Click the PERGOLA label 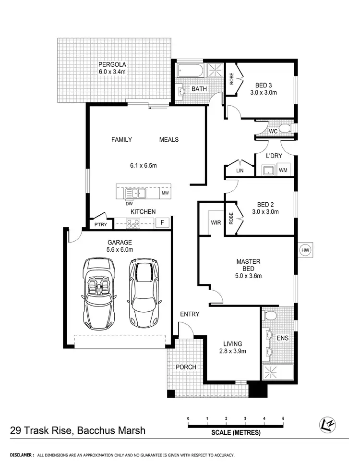pyautogui.click(x=112, y=64)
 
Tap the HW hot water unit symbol pyautogui.click(x=304, y=250)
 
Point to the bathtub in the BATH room pyautogui.click(x=190, y=71)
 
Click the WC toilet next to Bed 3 pyautogui.click(x=285, y=128)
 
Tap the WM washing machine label pyautogui.click(x=283, y=170)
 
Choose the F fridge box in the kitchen pyautogui.click(x=162, y=222)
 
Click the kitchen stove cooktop pyautogui.click(x=132, y=222)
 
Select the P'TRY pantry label pyautogui.click(x=101, y=224)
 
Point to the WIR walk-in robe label pyautogui.click(x=215, y=222)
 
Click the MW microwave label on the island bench pyautogui.click(x=165, y=193)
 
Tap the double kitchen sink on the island pyautogui.click(x=136, y=193)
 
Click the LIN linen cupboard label pyautogui.click(x=239, y=171)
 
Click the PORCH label pyautogui.click(x=186, y=367)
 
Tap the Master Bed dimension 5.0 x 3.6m pyautogui.click(x=248, y=276)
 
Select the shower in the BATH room pyautogui.click(x=215, y=69)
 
